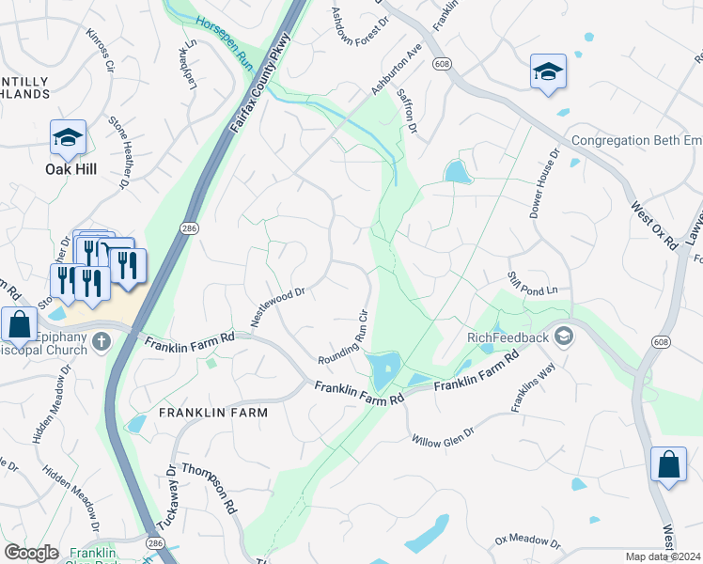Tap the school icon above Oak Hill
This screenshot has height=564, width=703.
[x=68, y=138]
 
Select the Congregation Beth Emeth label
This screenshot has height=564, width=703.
[x=637, y=141]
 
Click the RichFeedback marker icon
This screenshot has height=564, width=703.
[x=564, y=337]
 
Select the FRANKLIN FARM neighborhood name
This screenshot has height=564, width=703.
[x=213, y=413]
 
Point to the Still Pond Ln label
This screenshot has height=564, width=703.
[x=533, y=282]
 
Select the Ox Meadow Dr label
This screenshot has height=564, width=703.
[x=527, y=542]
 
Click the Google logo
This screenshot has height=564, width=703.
[x=31, y=553]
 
